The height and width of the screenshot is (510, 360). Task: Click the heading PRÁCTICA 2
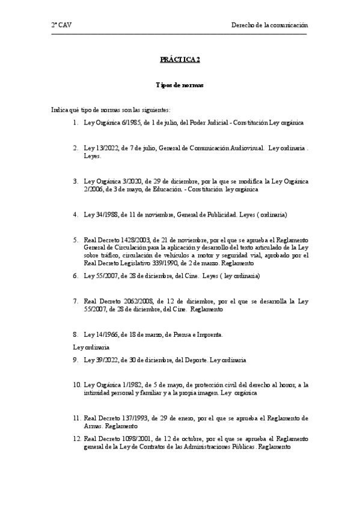click(x=180, y=60)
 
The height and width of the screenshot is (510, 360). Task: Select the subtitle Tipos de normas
click(x=180, y=85)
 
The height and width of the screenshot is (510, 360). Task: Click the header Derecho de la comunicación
click(x=270, y=25)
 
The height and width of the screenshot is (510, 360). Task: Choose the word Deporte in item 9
click(x=194, y=360)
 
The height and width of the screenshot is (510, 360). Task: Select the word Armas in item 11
click(x=93, y=425)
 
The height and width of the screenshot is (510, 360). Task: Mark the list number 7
click(x=75, y=300)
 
